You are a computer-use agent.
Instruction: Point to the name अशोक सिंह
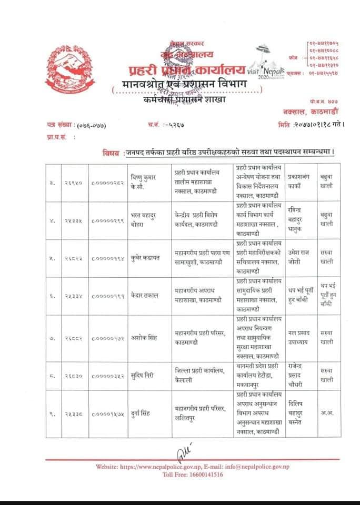[144, 338]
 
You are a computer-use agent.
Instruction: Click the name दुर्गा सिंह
[142, 413]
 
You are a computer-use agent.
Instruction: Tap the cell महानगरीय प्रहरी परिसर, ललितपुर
[200, 413]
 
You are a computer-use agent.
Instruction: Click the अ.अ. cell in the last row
[327, 413]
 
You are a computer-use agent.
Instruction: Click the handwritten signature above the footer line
[181, 451]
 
